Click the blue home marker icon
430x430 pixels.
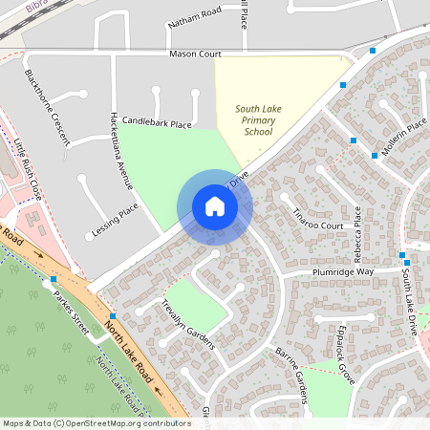click(215, 206)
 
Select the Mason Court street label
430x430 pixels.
click(195, 54)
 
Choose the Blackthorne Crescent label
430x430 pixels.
click(47, 106)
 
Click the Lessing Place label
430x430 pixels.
click(115, 221)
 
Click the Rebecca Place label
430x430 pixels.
click(357, 235)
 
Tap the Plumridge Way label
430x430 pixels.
click(340, 273)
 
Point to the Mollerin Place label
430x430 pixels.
click(403, 138)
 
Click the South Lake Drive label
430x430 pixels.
click(409, 300)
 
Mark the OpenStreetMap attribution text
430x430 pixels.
click(97, 422)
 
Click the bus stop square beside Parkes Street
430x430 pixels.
click(54, 279)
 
